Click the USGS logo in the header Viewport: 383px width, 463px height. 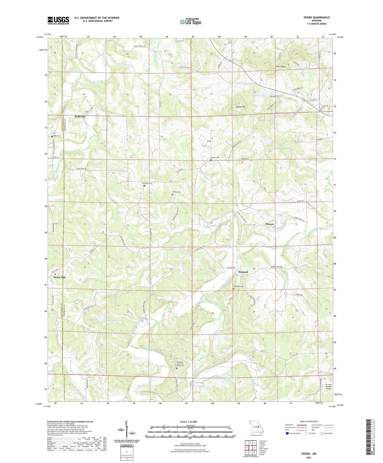coord(58,20)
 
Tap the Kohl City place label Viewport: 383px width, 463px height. coord(80,116)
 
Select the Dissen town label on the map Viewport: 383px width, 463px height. coord(269,224)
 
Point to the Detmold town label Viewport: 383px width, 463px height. coord(243,272)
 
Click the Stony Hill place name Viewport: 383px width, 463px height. coord(59,277)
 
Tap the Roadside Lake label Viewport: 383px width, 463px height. coord(259,96)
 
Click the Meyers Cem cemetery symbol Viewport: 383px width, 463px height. coord(211,160)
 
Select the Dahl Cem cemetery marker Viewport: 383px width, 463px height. coord(52,136)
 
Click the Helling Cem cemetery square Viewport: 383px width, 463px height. coord(172,194)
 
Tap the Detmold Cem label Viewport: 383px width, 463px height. coord(238,287)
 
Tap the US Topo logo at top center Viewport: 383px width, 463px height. coord(190,22)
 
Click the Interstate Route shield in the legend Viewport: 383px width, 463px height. coord(288,433)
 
